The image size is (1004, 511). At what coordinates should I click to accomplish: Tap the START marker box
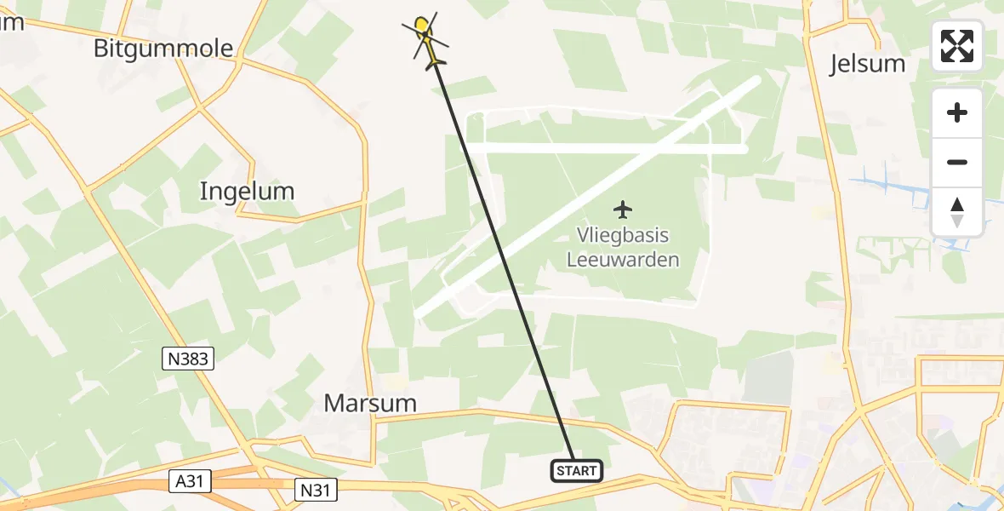(577, 470)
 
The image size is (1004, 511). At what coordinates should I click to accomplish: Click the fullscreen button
(957, 46)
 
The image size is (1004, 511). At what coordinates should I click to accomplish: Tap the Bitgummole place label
(163, 49)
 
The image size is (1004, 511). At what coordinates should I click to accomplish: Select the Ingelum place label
(247, 192)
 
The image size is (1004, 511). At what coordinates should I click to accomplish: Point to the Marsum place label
(370, 403)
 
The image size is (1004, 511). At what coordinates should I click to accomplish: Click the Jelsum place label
(867, 64)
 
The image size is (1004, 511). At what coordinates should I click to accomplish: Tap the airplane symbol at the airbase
(624, 209)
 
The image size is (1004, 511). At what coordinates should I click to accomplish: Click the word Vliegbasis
(624, 236)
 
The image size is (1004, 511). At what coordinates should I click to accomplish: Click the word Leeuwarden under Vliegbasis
(624, 259)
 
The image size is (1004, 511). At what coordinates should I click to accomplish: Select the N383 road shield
(187, 359)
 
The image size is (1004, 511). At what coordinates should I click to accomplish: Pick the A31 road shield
(189, 482)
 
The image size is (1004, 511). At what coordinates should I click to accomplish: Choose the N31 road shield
(317, 489)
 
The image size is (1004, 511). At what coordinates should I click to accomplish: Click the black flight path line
(502, 255)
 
